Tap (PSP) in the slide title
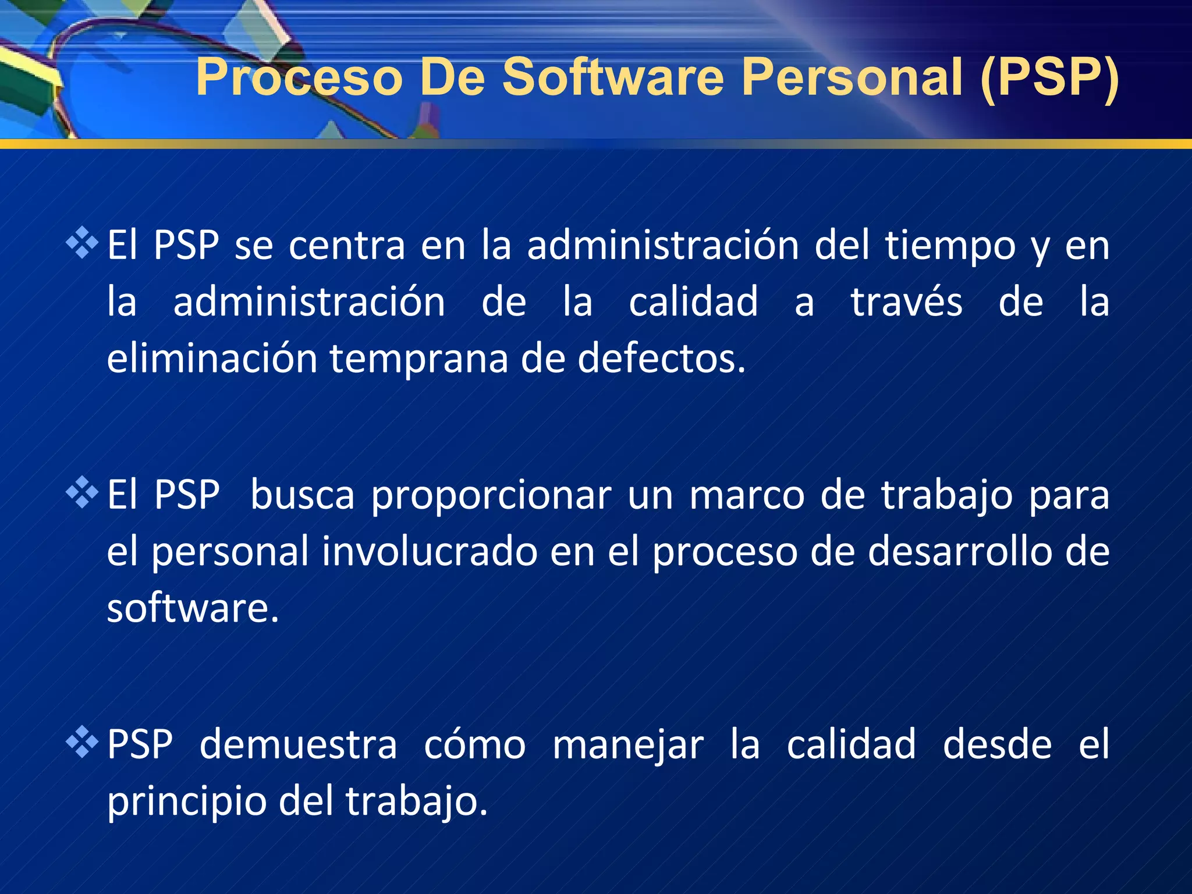1049,77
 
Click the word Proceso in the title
299,77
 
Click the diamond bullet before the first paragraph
82,243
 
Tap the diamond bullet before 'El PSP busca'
82,492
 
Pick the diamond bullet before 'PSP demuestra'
82,742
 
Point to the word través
906,303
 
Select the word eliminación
212,359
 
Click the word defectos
661,359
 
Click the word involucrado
430,552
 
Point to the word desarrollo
960,552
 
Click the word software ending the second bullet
193,608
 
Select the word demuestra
298,745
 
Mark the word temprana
419,360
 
